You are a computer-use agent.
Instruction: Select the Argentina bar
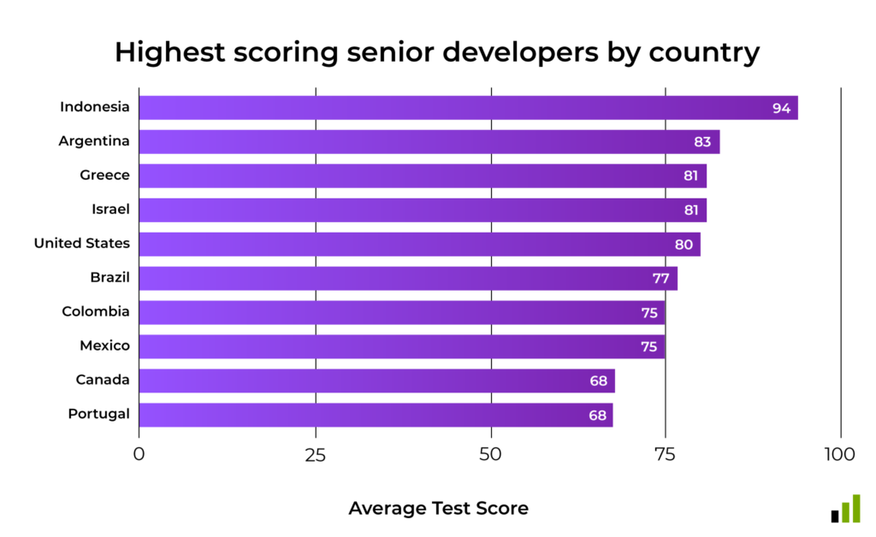point(429,142)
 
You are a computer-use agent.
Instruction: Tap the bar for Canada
point(376,381)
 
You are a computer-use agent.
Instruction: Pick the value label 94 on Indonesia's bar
point(781,108)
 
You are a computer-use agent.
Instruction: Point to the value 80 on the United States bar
point(684,245)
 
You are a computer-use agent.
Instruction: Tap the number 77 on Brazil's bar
point(660,279)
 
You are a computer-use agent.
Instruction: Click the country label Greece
point(104,175)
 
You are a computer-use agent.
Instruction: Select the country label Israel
point(110,209)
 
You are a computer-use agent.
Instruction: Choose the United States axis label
point(82,244)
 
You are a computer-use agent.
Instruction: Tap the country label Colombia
point(96,312)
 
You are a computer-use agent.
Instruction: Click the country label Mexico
point(104,346)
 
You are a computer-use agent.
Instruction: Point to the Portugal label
point(98,415)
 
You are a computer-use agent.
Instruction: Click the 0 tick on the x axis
point(139,453)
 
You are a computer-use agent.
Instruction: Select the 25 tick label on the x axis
point(316,453)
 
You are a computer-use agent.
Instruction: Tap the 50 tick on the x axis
point(491,453)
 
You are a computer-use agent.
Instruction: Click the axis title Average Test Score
point(438,509)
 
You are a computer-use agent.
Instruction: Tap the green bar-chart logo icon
point(845,509)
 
